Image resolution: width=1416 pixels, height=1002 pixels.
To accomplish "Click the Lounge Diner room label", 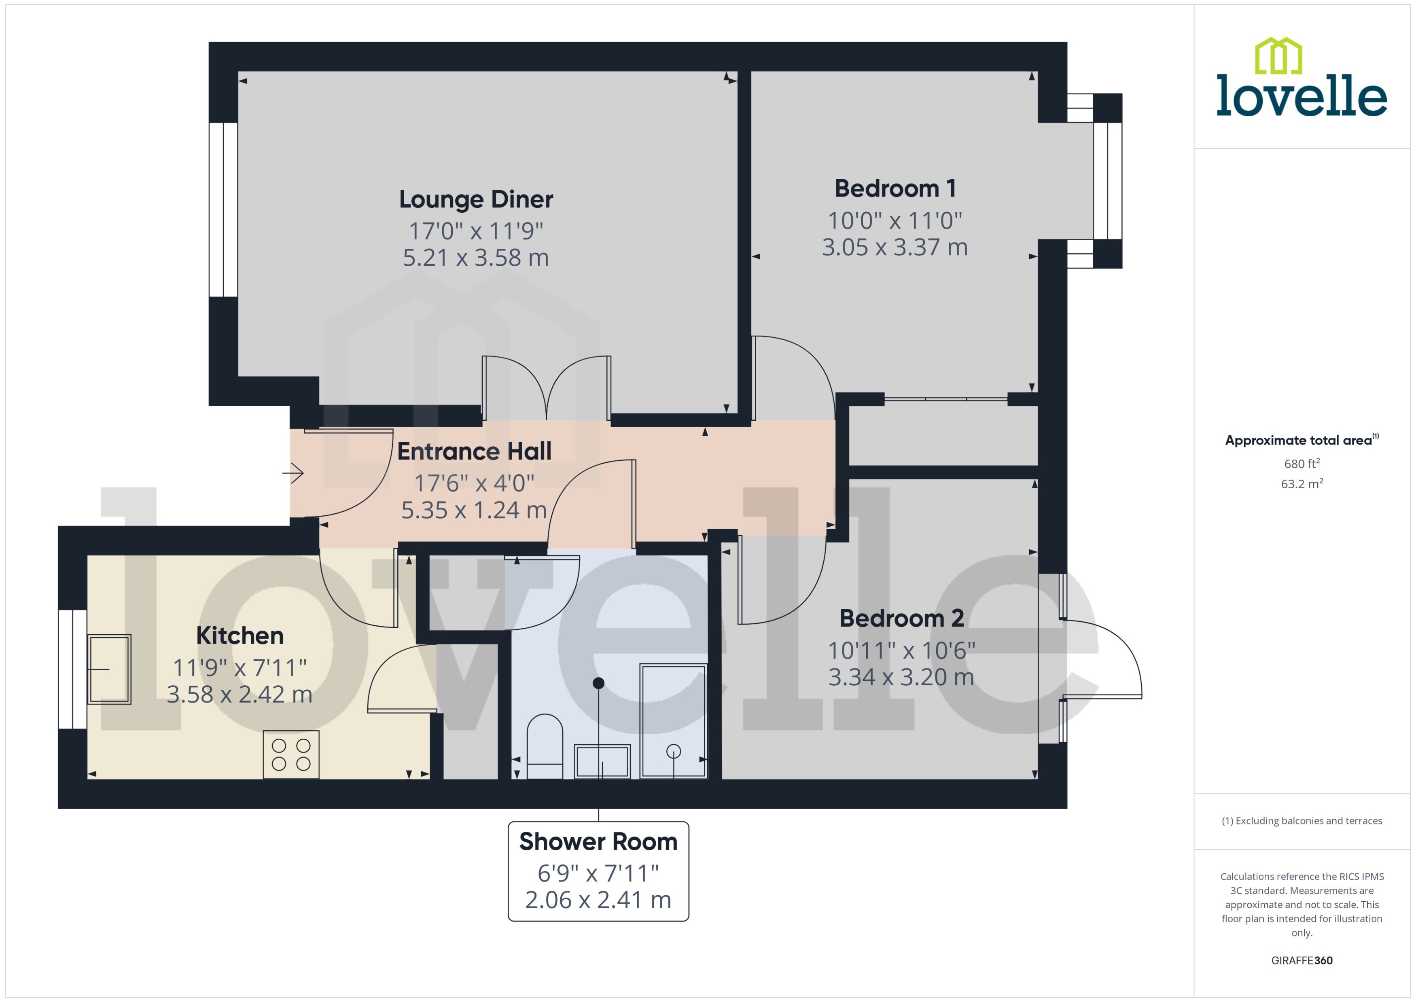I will click(476, 199).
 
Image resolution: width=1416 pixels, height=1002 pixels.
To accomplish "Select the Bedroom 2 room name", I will click(901, 618).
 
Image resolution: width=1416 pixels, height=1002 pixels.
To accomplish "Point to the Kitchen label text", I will click(240, 636).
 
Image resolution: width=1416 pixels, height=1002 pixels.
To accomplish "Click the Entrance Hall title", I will click(474, 451).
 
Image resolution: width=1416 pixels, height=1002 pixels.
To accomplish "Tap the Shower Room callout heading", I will click(598, 841).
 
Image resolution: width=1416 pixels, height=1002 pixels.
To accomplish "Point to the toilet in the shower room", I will click(545, 747).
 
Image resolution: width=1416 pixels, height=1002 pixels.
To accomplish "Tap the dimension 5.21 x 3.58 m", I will click(476, 257).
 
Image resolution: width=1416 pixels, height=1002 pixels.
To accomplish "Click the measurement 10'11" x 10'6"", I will click(901, 650).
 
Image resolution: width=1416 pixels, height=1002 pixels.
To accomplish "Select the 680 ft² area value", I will click(1301, 463).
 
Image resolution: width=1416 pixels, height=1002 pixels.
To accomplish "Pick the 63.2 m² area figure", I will click(1301, 484).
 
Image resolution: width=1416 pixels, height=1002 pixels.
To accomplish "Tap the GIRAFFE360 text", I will click(1301, 961).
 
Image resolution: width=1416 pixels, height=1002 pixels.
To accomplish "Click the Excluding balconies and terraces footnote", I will click(1301, 821).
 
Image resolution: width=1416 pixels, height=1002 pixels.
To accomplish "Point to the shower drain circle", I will click(673, 751).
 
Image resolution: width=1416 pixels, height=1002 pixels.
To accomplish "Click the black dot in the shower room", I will click(598, 683).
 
